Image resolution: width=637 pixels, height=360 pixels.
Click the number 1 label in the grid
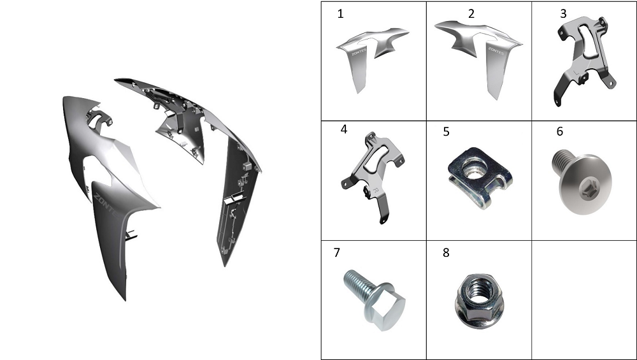(x=340, y=14)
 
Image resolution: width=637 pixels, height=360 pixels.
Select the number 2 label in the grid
(x=471, y=14)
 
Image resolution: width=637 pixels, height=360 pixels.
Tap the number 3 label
(x=563, y=14)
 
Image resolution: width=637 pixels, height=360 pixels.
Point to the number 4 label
(x=344, y=129)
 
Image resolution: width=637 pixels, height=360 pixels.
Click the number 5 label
(x=446, y=132)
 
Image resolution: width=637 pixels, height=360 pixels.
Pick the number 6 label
(x=560, y=131)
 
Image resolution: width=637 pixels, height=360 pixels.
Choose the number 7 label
(x=336, y=253)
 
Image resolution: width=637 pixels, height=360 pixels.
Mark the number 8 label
(x=446, y=253)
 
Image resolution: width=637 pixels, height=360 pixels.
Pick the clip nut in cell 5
(x=480, y=177)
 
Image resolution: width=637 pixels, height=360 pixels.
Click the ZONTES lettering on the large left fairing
(x=106, y=206)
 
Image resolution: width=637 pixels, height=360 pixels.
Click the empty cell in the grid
(x=584, y=300)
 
